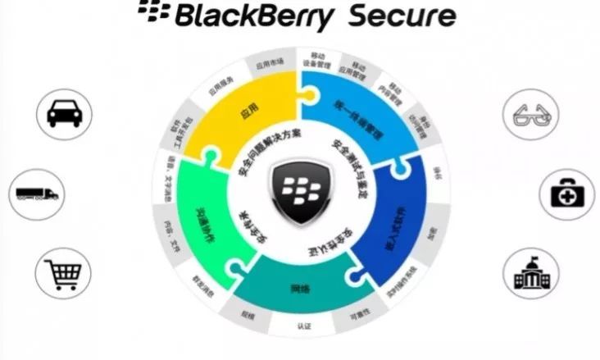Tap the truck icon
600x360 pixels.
coord(38,194)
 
